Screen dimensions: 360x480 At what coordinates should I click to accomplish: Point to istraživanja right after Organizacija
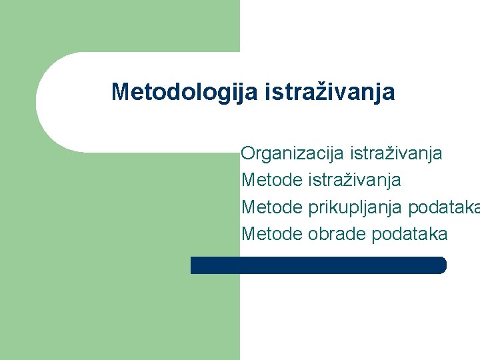pos(395,154)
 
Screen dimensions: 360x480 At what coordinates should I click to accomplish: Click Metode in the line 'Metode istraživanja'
pos(271,180)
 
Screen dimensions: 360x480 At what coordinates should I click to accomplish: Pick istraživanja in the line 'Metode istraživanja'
pos(355,180)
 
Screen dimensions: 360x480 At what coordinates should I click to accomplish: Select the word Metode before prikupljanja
pos(271,207)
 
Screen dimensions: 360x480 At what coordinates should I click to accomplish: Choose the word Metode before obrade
pos(271,234)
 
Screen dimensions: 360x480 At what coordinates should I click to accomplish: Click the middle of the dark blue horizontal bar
pos(318,265)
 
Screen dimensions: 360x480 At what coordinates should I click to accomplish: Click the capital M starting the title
pos(120,92)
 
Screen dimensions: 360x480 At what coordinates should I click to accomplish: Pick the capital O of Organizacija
pos(249,154)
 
